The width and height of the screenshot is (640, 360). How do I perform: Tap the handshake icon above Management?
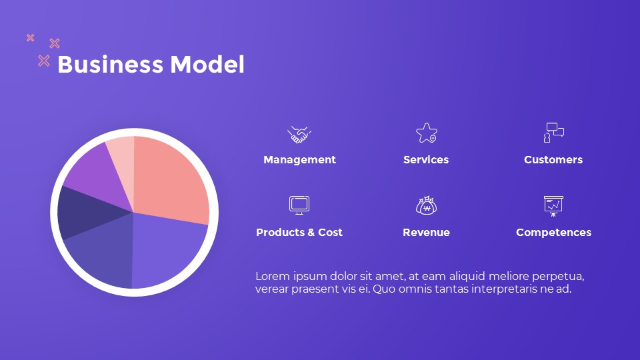click(x=299, y=134)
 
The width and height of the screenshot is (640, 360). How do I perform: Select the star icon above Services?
click(x=426, y=133)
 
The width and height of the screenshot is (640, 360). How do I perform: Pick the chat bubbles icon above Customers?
click(x=553, y=132)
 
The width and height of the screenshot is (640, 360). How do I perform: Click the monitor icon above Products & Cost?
click(x=299, y=205)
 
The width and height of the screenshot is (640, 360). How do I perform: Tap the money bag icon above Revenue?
click(x=426, y=205)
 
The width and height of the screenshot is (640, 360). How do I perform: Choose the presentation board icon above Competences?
click(x=553, y=205)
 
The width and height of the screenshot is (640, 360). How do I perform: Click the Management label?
click(x=299, y=160)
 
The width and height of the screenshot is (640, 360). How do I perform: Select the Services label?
click(x=426, y=160)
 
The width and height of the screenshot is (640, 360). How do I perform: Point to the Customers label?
click(x=553, y=160)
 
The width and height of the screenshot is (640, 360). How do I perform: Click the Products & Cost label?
click(x=299, y=233)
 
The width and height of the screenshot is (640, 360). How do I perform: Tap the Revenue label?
click(x=426, y=233)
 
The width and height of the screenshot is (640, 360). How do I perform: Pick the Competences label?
click(x=553, y=233)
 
